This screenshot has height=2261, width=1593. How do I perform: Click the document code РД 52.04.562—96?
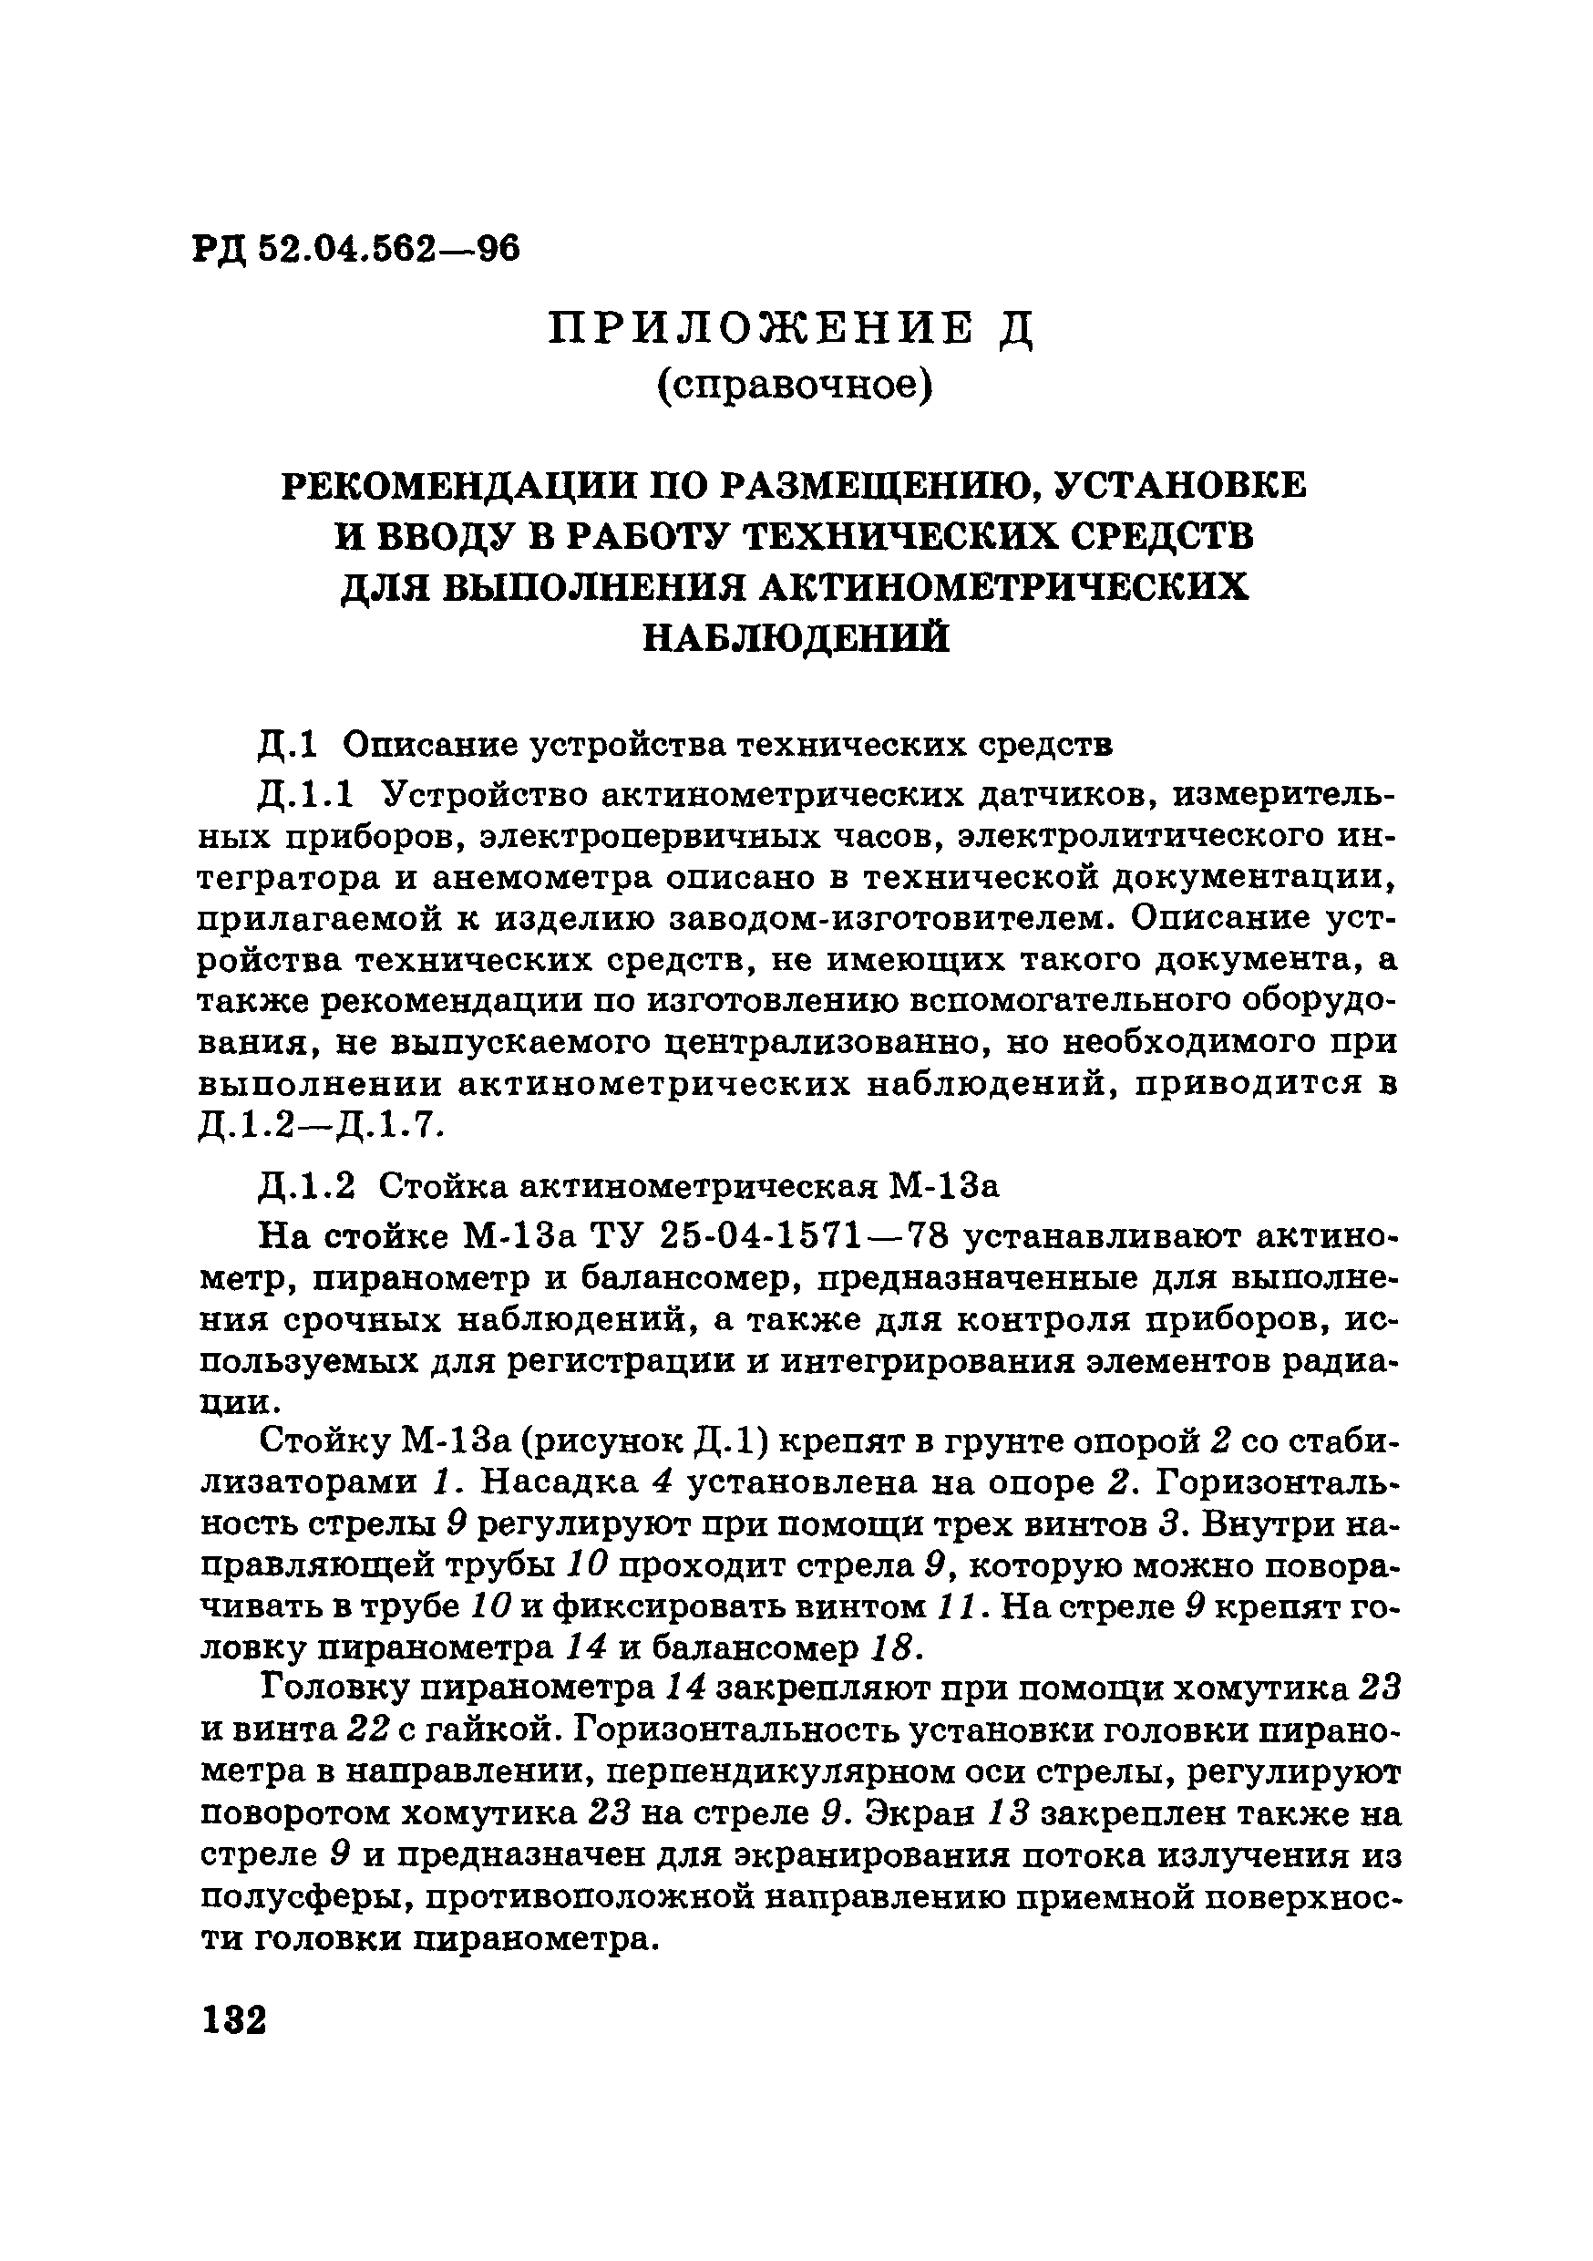tap(356, 249)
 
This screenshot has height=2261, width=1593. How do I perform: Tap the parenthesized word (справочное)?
tap(794, 386)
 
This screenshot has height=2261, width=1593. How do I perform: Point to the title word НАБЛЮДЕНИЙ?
tap(796, 637)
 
